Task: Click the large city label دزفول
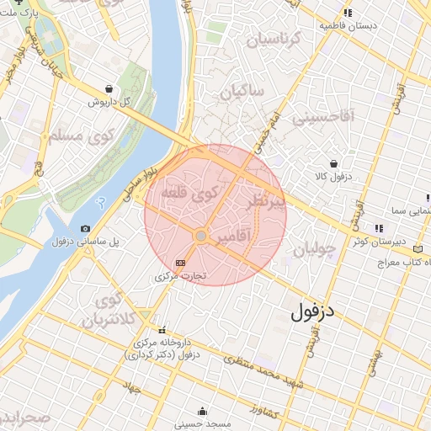(313, 311)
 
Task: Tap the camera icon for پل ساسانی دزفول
(85, 228)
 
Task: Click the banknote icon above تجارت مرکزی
(178, 263)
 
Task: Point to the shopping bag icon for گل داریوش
(109, 88)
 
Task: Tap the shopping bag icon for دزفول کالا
(335, 163)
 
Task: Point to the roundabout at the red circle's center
(201, 237)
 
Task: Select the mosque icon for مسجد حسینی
(202, 412)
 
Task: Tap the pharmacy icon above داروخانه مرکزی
(162, 330)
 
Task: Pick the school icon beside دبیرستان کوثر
(378, 227)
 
